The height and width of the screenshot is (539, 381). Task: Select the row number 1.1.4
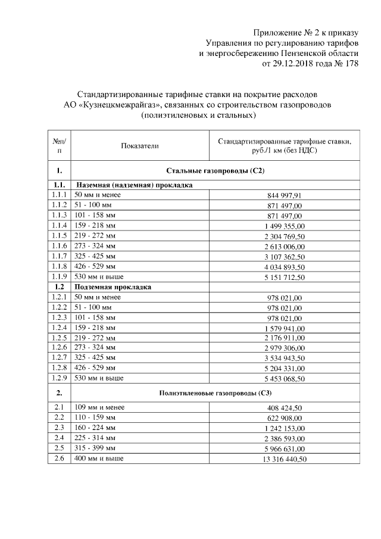pos(59,225)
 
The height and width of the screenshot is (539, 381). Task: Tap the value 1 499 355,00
pos(285,226)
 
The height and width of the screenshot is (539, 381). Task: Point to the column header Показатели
pos(140,145)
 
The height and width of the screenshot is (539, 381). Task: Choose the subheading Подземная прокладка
pos(113,286)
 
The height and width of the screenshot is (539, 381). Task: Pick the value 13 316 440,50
pos(285,459)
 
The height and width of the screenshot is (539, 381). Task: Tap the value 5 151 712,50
pos(285,277)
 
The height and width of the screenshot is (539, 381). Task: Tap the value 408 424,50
pos(285,408)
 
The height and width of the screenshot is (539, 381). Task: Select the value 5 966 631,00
pos(285,448)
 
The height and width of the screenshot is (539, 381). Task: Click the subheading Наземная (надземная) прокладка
pos(133,185)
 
